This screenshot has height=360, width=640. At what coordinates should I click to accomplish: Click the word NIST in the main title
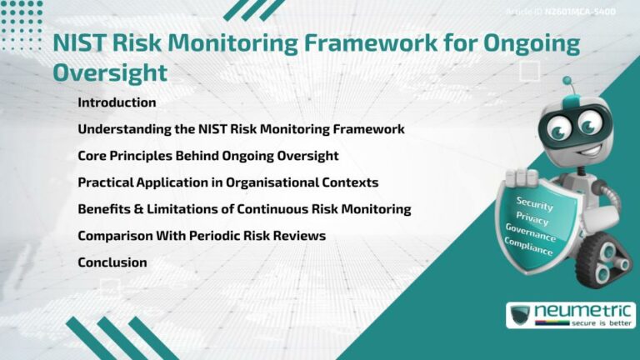[x=79, y=44]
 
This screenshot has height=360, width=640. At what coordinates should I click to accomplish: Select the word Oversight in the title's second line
[x=109, y=72]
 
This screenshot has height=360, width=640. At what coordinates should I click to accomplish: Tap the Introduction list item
[x=117, y=102]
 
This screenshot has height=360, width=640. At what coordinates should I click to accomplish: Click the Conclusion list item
[x=112, y=262]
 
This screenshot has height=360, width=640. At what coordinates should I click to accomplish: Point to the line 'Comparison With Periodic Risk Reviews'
[x=201, y=236]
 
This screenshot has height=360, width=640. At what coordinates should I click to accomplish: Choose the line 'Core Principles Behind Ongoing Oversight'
[x=207, y=156]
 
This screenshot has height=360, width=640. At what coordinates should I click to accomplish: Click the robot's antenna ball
[x=567, y=82]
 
